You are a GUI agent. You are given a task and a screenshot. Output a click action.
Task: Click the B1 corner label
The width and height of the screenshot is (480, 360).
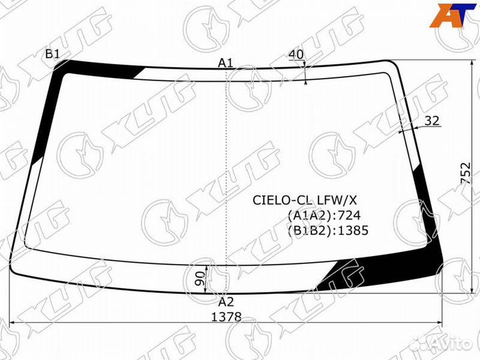click(x=52, y=54)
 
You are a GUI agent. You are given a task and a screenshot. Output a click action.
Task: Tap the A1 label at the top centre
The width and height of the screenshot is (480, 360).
click(x=225, y=63)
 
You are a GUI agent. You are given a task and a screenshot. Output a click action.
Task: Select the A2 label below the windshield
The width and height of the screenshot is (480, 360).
click(x=226, y=302)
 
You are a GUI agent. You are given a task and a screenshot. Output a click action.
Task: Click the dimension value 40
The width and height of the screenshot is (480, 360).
click(x=296, y=55)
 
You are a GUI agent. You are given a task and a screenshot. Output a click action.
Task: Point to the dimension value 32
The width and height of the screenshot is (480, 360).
click(x=432, y=121)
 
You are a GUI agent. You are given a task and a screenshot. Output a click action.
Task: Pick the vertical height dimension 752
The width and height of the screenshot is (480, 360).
click(x=465, y=173)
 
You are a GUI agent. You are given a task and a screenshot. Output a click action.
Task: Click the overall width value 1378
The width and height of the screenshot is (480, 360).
click(x=227, y=317)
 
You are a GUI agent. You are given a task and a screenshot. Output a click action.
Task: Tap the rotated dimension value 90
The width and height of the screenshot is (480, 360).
click(x=199, y=278)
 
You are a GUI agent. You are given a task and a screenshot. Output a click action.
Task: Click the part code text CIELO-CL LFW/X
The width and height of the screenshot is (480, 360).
click(x=305, y=200)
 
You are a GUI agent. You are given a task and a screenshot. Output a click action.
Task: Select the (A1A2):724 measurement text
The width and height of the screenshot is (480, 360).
click(x=324, y=215)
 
